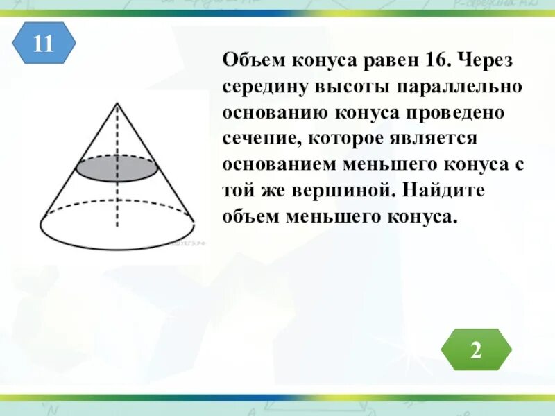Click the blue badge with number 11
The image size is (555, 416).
(x=43, y=43)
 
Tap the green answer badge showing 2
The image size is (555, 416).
(x=475, y=349)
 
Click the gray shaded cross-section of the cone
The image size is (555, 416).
(x=117, y=168)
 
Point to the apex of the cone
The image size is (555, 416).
(x=117, y=103)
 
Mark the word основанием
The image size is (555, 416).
(x=280, y=165)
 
